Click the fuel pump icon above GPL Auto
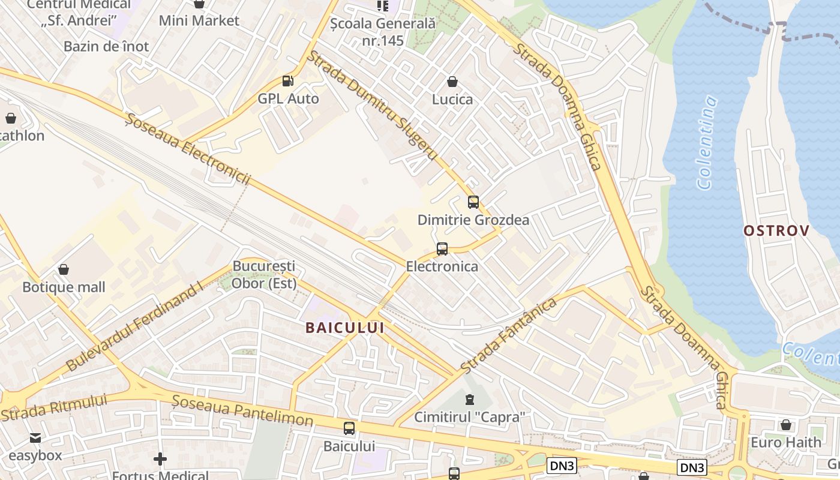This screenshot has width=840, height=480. click(x=288, y=81)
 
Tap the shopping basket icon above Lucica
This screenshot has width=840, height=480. click(x=452, y=82)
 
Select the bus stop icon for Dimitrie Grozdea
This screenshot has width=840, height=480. click(x=473, y=202)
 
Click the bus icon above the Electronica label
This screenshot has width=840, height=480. click(x=442, y=248)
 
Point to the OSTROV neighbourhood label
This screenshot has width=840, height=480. click(x=776, y=230)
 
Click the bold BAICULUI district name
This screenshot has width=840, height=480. click(x=344, y=328)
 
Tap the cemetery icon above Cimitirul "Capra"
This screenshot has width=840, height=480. click(x=470, y=399)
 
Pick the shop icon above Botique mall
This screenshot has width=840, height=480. click(x=64, y=270)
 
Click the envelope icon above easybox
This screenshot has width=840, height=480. click(x=35, y=438)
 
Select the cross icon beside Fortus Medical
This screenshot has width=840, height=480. click(x=160, y=460)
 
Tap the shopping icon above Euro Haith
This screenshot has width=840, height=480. click(x=785, y=425)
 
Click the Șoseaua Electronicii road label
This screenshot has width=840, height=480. click(x=188, y=150)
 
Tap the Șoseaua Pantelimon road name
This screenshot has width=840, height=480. click(x=242, y=411)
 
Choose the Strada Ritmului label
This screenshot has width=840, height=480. click(x=54, y=407)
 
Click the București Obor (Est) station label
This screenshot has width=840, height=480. click(x=264, y=274)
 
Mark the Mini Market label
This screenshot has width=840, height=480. click(x=199, y=21)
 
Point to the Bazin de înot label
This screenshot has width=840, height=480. click(x=106, y=46)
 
